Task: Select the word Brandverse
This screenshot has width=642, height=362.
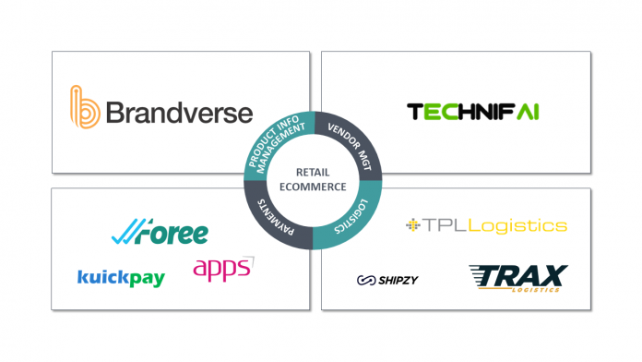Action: point(178,113)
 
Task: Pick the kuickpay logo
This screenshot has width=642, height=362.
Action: point(121,277)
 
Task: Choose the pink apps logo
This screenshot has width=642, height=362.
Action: point(223,269)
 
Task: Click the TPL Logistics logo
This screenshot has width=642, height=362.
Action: point(486,225)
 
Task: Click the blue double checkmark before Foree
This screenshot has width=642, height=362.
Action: point(122,234)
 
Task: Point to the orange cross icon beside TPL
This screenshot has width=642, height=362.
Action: point(413,225)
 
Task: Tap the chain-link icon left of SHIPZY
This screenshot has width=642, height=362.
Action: point(366,280)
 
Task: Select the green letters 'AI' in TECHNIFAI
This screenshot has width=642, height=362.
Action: point(527,113)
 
